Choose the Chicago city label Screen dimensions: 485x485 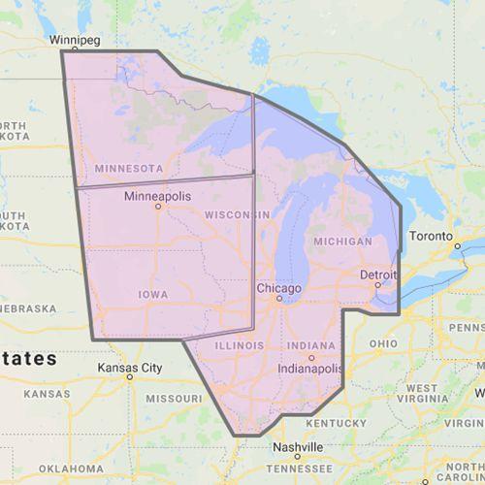279,288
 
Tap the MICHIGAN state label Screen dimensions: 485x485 342,240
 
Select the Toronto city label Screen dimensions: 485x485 430,236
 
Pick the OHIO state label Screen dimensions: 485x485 383,343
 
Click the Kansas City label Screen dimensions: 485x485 130,369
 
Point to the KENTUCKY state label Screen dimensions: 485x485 336,424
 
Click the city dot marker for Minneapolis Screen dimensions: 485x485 156,207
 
